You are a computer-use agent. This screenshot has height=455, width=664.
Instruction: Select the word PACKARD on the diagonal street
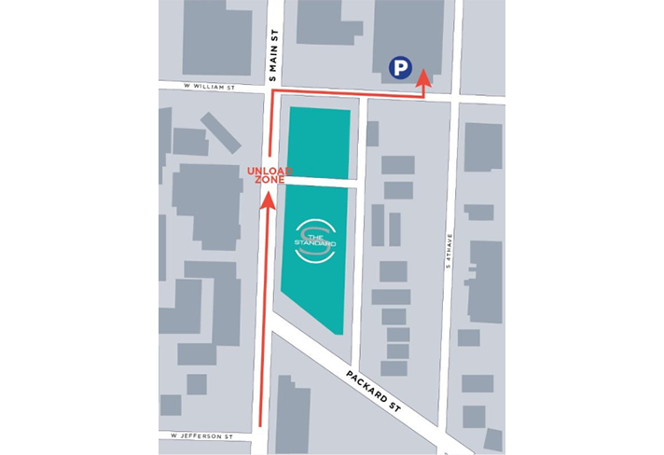(362, 385)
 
